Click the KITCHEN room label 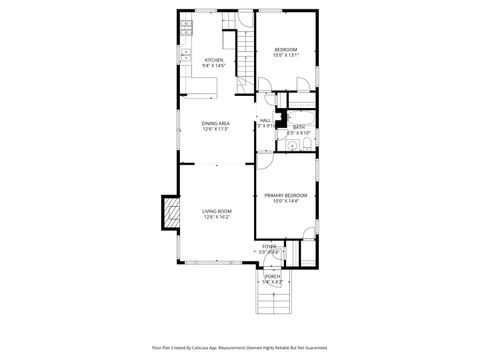coord(214,60)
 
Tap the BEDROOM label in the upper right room coord(286,50)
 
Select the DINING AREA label coord(216,123)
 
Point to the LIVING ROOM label coord(216,211)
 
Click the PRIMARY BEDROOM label coord(286,195)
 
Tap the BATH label coord(299,127)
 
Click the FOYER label coord(269,246)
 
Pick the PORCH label coord(272,276)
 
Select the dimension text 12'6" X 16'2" coord(216,217)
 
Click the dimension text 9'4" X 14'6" coord(214,66)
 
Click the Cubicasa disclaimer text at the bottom coord(240,347)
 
